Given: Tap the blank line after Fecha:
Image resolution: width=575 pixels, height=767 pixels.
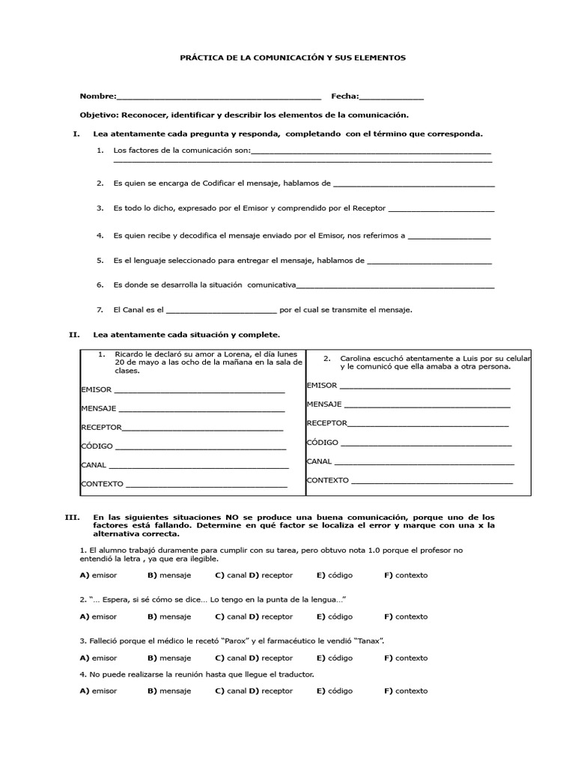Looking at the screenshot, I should pyautogui.click(x=392, y=97).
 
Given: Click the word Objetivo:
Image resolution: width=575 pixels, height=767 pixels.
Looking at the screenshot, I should pyautogui.click(x=99, y=115).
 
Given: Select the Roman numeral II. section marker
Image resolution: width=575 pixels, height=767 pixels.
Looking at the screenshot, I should pyautogui.click(x=74, y=335).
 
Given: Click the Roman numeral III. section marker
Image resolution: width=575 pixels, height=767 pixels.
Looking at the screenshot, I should pyautogui.click(x=73, y=518).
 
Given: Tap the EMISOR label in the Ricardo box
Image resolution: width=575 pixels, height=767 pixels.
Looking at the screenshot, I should pyautogui.click(x=96, y=389).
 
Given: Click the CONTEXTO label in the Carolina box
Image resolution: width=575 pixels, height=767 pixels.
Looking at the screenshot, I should pyautogui.click(x=327, y=480).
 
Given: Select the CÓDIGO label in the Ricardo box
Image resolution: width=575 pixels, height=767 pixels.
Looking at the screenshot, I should pyautogui.click(x=97, y=446).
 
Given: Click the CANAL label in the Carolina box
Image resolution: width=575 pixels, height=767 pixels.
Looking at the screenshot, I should pyautogui.click(x=319, y=461).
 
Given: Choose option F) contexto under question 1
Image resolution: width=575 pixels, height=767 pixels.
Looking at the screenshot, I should pyautogui.click(x=406, y=575).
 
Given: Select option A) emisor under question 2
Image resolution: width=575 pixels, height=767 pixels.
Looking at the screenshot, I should pyautogui.click(x=97, y=616).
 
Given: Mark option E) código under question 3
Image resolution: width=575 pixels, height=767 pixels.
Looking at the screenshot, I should pyautogui.click(x=334, y=658).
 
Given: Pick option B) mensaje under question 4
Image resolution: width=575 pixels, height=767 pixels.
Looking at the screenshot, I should pyautogui.click(x=169, y=691).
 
